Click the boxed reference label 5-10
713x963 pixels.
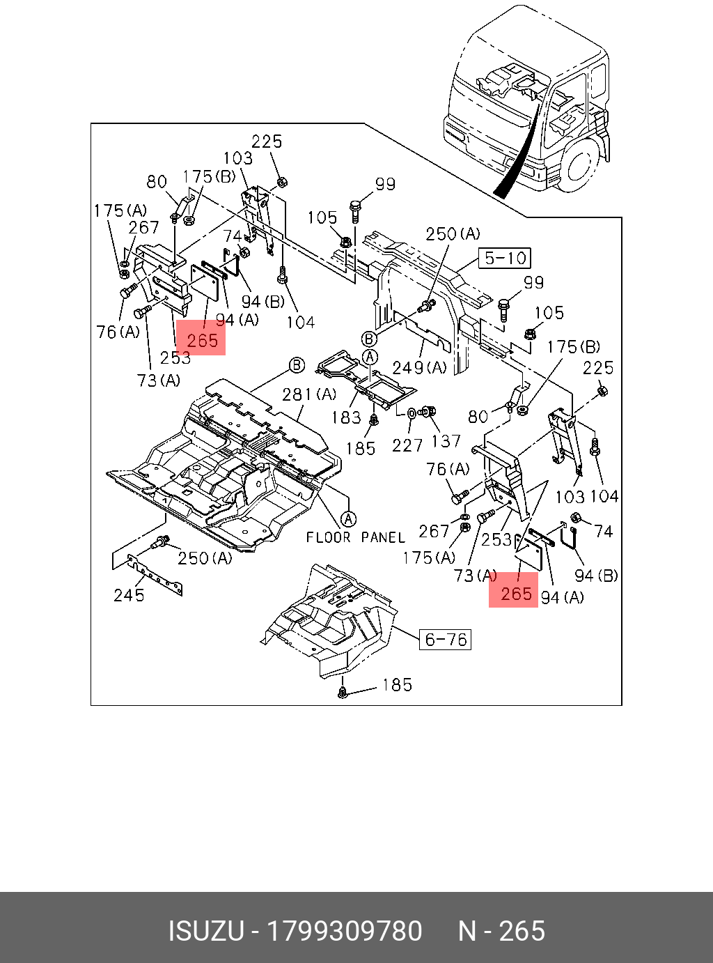pos(504,259)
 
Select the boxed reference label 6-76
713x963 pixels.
pos(445,640)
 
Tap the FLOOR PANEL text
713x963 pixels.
pos(355,538)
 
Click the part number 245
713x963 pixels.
pos(129,595)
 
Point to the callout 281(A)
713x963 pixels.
pos(309,394)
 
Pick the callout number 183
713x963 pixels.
pos(346,417)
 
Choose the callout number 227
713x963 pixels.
pos(407,445)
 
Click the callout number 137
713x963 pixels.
pos(446,442)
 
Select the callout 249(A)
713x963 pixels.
pos(419,368)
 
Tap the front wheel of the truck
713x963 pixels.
pos(581,166)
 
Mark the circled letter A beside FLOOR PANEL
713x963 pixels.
pos(348,519)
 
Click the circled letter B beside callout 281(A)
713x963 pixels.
pos(297,365)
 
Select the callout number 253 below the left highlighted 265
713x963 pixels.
pos(175,357)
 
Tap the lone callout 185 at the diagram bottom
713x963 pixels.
pos(397,685)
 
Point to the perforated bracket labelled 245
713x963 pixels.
pos(155,573)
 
